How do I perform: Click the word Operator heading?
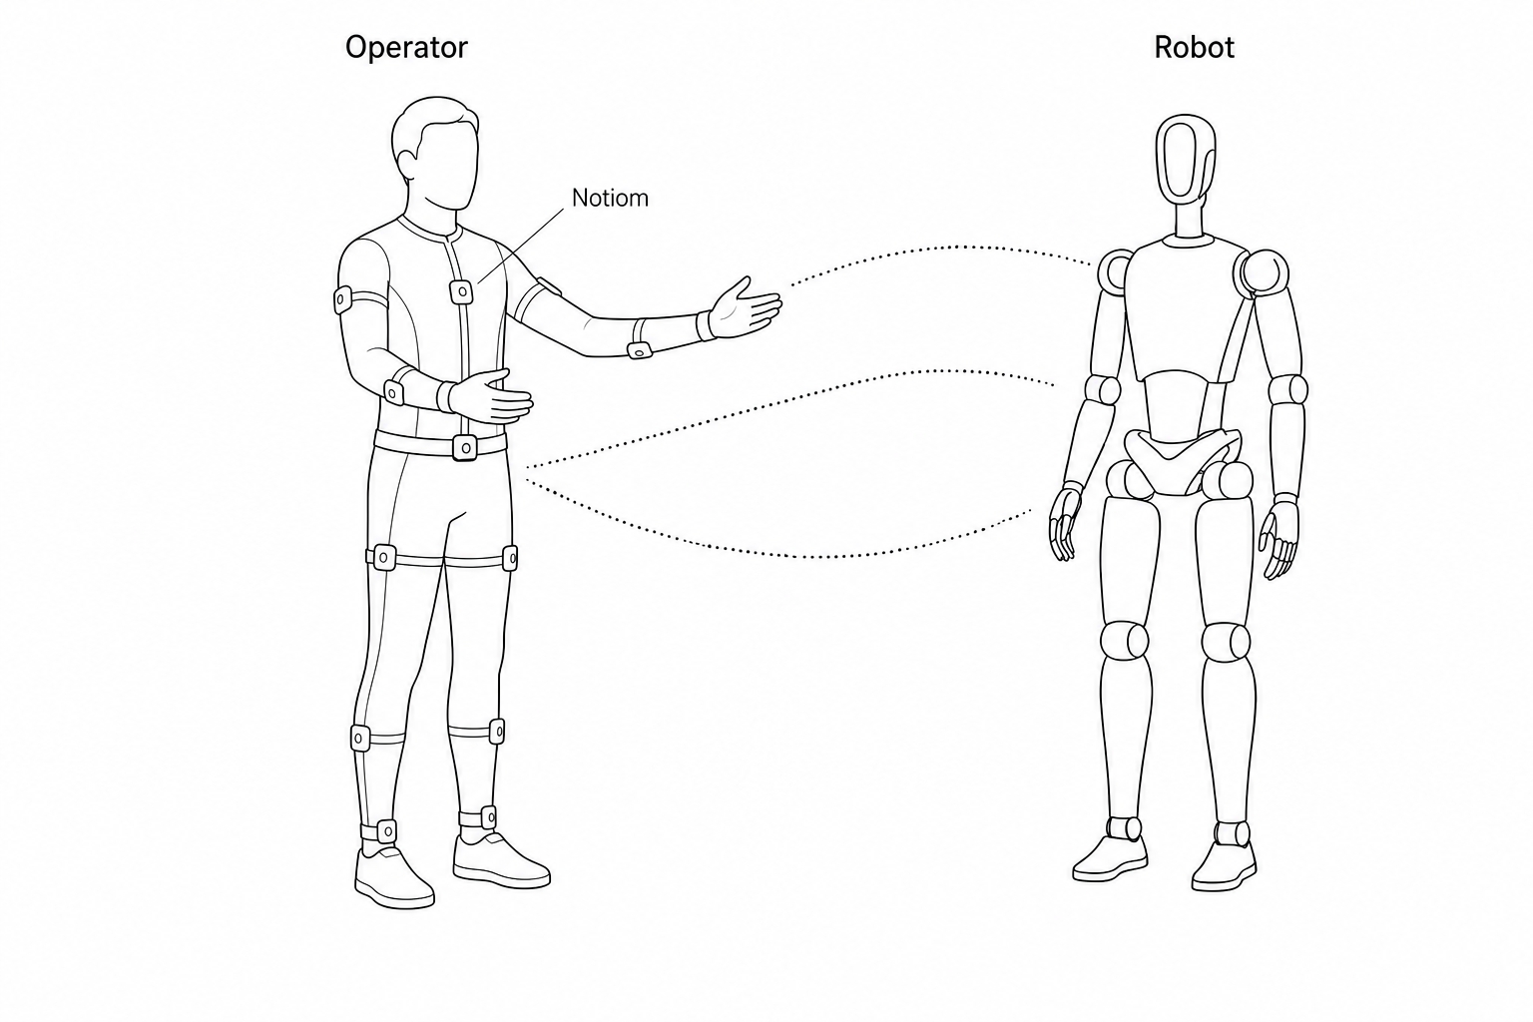click(406, 48)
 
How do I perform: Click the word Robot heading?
click(1195, 47)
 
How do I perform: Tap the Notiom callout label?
click(610, 198)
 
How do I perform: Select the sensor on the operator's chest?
click(461, 292)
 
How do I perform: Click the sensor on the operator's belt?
click(465, 448)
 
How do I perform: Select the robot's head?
click(1186, 158)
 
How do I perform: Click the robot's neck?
click(1188, 219)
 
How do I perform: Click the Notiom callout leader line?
click(522, 246)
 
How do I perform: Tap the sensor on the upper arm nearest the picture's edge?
click(343, 299)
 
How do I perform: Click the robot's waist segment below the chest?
click(1181, 404)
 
